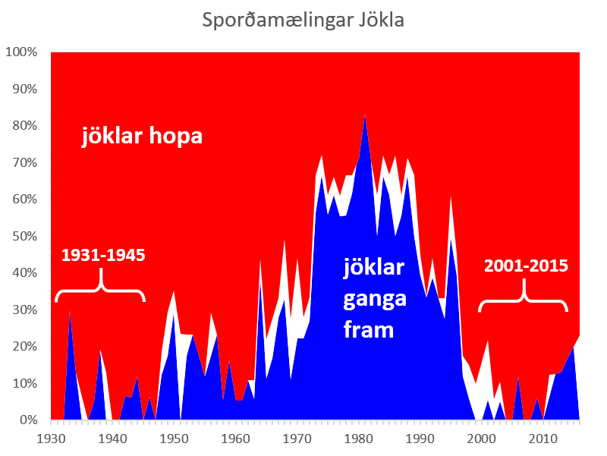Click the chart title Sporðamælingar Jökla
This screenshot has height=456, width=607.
pos(303,20)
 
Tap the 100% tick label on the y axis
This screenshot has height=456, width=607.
pos(21,52)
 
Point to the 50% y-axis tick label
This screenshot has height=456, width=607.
pos(25,236)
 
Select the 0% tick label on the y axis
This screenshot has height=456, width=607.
pos(28,420)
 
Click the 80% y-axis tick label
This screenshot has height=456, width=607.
pos(25,125)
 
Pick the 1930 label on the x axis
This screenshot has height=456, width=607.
pos(51,439)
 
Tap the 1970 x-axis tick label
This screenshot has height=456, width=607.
pos(297,439)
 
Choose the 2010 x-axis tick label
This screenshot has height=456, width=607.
pos(543,439)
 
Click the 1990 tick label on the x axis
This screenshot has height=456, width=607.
pos(420,439)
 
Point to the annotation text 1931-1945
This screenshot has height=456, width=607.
pos(103,255)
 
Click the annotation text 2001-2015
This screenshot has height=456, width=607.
pos(526,266)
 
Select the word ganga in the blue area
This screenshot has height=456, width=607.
pos(375,299)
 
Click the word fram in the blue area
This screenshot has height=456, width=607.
pos(369,330)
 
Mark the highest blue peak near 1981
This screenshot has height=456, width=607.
pos(365,116)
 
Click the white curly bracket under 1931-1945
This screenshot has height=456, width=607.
pos(100,287)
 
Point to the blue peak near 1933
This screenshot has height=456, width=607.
pos(70,313)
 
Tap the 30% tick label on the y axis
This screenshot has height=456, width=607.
pos(25,310)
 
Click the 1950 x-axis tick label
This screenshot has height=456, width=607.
pos(174,439)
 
